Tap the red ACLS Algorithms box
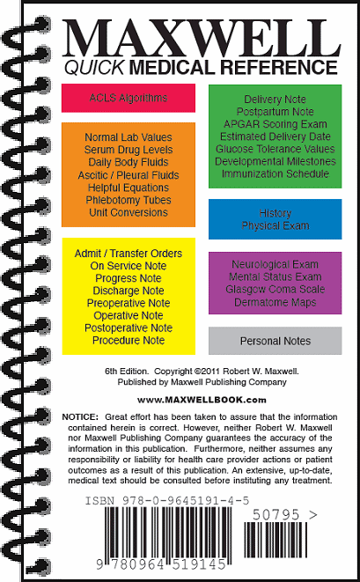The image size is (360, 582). pyautogui.click(x=129, y=98)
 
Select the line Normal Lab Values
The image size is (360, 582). pyautogui.click(x=129, y=138)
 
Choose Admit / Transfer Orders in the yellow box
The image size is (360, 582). pyautogui.click(x=129, y=254)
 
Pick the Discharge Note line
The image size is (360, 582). pyautogui.click(x=129, y=291)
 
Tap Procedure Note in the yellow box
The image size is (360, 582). pyautogui.click(x=129, y=340)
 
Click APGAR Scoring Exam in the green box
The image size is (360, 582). pyautogui.click(x=275, y=124)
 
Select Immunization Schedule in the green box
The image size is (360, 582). pyautogui.click(x=275, y=174)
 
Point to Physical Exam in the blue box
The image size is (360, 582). pyautogui.click(x=275, y=226)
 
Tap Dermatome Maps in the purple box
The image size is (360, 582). pyautogui.click(x=275, y=302)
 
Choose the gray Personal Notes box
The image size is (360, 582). pyautogui.click(x=275, y=341)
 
